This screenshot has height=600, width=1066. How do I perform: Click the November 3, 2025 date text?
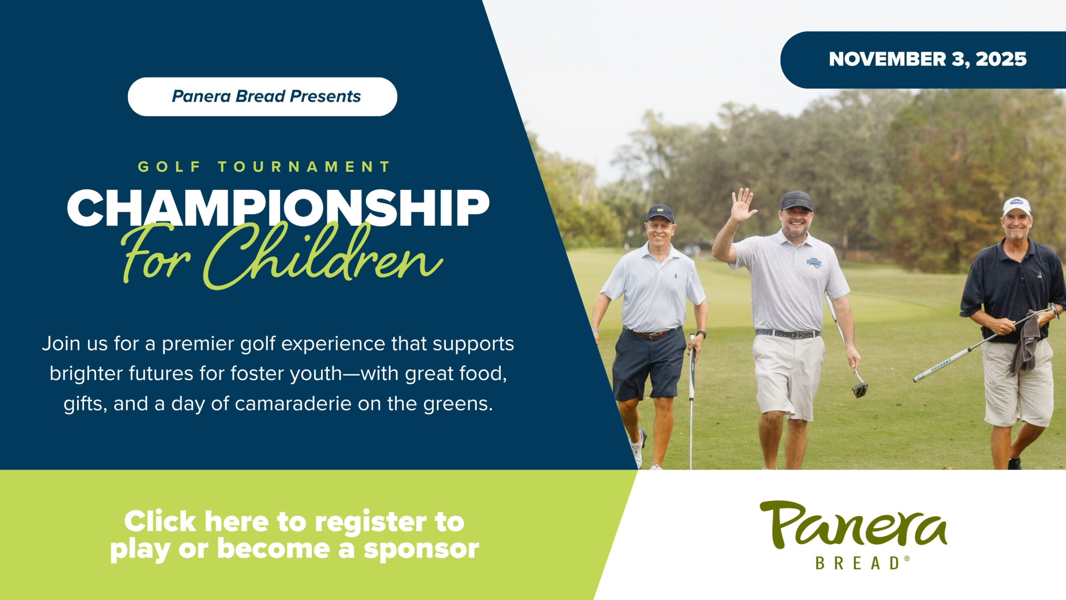928,59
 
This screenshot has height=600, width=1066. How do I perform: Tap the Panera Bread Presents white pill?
262,97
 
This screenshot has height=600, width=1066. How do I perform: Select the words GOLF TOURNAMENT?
264,167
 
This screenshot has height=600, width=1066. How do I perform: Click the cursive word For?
156,254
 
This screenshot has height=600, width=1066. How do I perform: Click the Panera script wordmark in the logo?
854,525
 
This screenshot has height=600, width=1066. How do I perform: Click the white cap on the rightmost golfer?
1016,206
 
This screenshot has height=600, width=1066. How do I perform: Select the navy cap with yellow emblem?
660,213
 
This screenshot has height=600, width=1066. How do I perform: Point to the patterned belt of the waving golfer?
787,333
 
